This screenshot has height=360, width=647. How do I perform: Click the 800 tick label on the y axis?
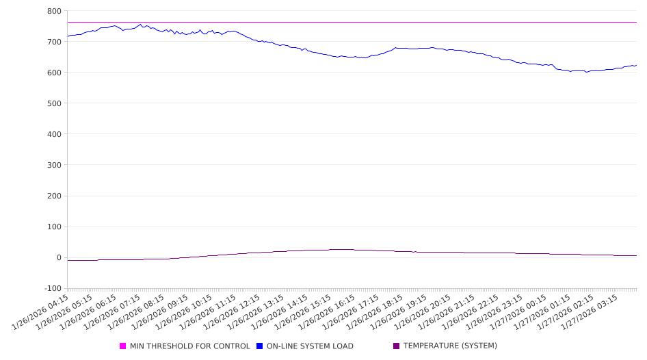point(54,11)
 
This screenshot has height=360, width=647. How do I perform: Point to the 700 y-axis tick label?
point(54,42)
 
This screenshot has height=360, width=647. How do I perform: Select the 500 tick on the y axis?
point(54,103)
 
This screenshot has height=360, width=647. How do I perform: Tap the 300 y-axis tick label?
point(54,165)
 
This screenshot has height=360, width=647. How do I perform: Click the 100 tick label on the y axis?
point(54,227)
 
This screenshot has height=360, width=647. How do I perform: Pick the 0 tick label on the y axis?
point(59,257)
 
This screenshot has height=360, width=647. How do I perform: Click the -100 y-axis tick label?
point(53,288)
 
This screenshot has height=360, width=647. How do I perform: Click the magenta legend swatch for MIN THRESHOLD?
point(123,346)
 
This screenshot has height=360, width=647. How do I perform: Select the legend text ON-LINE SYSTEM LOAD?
point(310,346)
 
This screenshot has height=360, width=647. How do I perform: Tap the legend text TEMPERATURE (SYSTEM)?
point(450,346)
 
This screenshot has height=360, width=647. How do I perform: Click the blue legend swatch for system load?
point(260,346)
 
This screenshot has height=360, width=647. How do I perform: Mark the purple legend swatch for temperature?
point(397,346)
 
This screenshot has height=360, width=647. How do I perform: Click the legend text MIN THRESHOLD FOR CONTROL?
point(190,346)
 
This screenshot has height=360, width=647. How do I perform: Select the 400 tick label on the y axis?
point(54,134)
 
